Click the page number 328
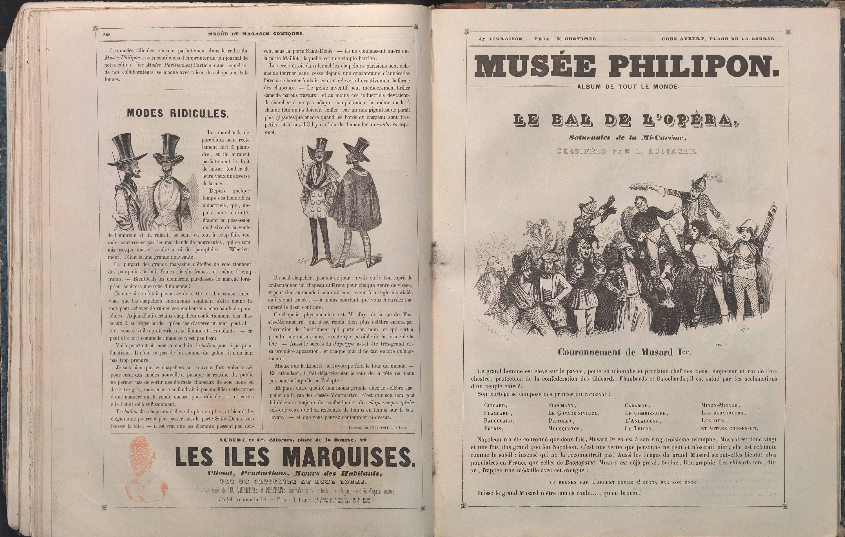pyautogui.click(x=107, y=34)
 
